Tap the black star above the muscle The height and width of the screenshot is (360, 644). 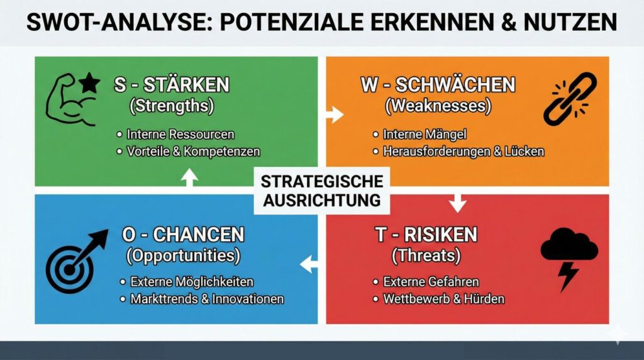coord(89,82)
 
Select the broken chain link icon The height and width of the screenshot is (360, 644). coord(570,99)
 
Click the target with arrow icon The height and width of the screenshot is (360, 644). coord(74,263)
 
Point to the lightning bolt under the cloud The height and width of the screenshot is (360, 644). coord(569,276)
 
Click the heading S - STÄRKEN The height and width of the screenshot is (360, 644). coord(172,85)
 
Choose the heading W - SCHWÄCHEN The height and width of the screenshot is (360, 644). coord(438,85)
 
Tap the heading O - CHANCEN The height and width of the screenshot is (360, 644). coord(183,235)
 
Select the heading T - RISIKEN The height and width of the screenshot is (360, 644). coord(426,235)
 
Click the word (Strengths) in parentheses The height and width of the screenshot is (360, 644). coord(172,106)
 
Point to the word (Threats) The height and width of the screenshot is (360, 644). coord(426,256)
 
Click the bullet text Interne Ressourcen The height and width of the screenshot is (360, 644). coord(180,135)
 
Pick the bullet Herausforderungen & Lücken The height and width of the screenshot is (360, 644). coord(464,152)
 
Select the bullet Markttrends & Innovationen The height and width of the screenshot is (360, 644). coord(207,299)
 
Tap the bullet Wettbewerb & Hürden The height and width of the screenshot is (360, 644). coord(443,299)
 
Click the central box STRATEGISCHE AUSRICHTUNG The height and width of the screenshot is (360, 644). coord(322,191)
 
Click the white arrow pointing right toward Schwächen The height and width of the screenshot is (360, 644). coord(335,115)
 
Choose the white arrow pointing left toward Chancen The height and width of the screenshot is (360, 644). coord(309,264)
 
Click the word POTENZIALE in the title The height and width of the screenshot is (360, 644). coord(292,22)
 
